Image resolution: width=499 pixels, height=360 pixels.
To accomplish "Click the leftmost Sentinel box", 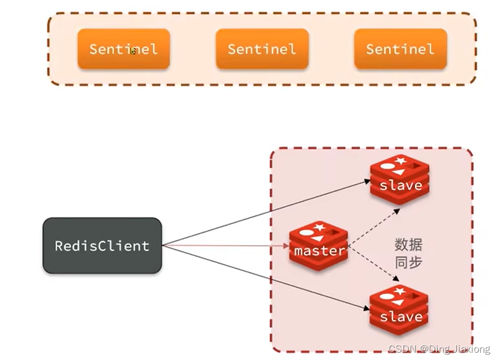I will click(123, 49).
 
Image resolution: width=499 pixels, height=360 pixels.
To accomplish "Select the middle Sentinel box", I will click(262, 49).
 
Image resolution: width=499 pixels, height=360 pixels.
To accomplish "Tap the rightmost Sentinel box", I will click(400, 49).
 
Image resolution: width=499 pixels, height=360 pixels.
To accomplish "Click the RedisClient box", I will click(102, 246).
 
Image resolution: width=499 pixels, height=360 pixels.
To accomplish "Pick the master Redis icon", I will click(319, 246).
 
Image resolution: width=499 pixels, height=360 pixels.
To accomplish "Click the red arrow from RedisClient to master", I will click(225, 246).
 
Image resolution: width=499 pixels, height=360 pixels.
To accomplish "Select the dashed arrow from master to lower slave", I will click(375, 264).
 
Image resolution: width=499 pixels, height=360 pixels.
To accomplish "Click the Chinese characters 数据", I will click(408, 245).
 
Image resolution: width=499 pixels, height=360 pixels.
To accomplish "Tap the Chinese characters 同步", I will click(408, 262).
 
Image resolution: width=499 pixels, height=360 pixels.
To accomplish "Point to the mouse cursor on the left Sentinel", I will click(133, 51).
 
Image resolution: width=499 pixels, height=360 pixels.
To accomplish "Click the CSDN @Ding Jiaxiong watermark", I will click(440, 350).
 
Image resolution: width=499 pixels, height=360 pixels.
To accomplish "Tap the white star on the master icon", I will click(319, 227).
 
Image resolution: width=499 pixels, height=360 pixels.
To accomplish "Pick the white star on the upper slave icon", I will click(400, 161).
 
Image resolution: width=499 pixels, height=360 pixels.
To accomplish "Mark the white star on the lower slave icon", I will click(400, 291).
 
